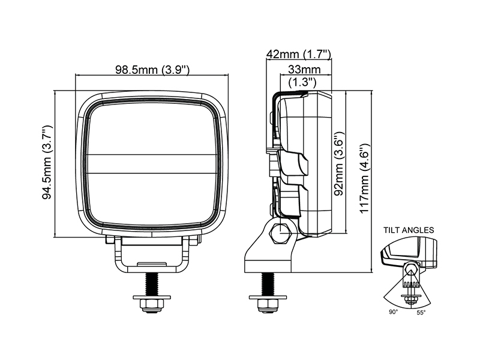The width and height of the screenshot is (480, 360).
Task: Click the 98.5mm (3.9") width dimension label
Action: point(152,70)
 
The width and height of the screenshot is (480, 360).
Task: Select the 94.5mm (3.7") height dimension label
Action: point(47,162)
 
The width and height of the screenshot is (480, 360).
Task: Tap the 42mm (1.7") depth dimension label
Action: point(299,54)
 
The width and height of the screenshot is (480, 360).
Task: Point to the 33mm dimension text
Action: point(304,70)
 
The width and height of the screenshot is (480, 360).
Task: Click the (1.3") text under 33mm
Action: point(302,82)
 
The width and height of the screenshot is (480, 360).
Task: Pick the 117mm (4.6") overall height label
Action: point(365,178)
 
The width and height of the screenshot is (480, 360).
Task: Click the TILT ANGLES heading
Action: point(409,230)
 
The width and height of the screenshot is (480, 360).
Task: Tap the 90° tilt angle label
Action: point(394,312)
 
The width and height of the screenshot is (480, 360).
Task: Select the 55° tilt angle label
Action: point(421,313)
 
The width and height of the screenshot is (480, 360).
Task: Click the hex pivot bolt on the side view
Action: point(279,233)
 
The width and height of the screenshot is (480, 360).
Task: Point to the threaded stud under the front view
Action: point(152,284)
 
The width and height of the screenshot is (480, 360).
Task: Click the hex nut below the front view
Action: point(152,305)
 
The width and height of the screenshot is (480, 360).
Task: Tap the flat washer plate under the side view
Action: point(268,298)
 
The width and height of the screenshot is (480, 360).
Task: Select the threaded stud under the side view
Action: point(268,284)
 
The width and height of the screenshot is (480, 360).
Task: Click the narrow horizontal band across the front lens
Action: point(152,163)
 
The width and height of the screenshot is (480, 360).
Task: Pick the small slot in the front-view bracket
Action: point(152,263)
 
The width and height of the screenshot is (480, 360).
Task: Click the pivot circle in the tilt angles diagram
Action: point(411,269)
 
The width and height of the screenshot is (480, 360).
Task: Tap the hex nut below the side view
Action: point(268,305)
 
